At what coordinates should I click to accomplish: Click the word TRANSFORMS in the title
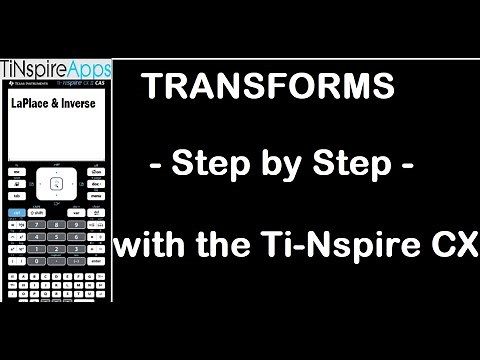[x=268, y=87]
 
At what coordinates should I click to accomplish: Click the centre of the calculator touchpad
[x=56, y=184]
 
